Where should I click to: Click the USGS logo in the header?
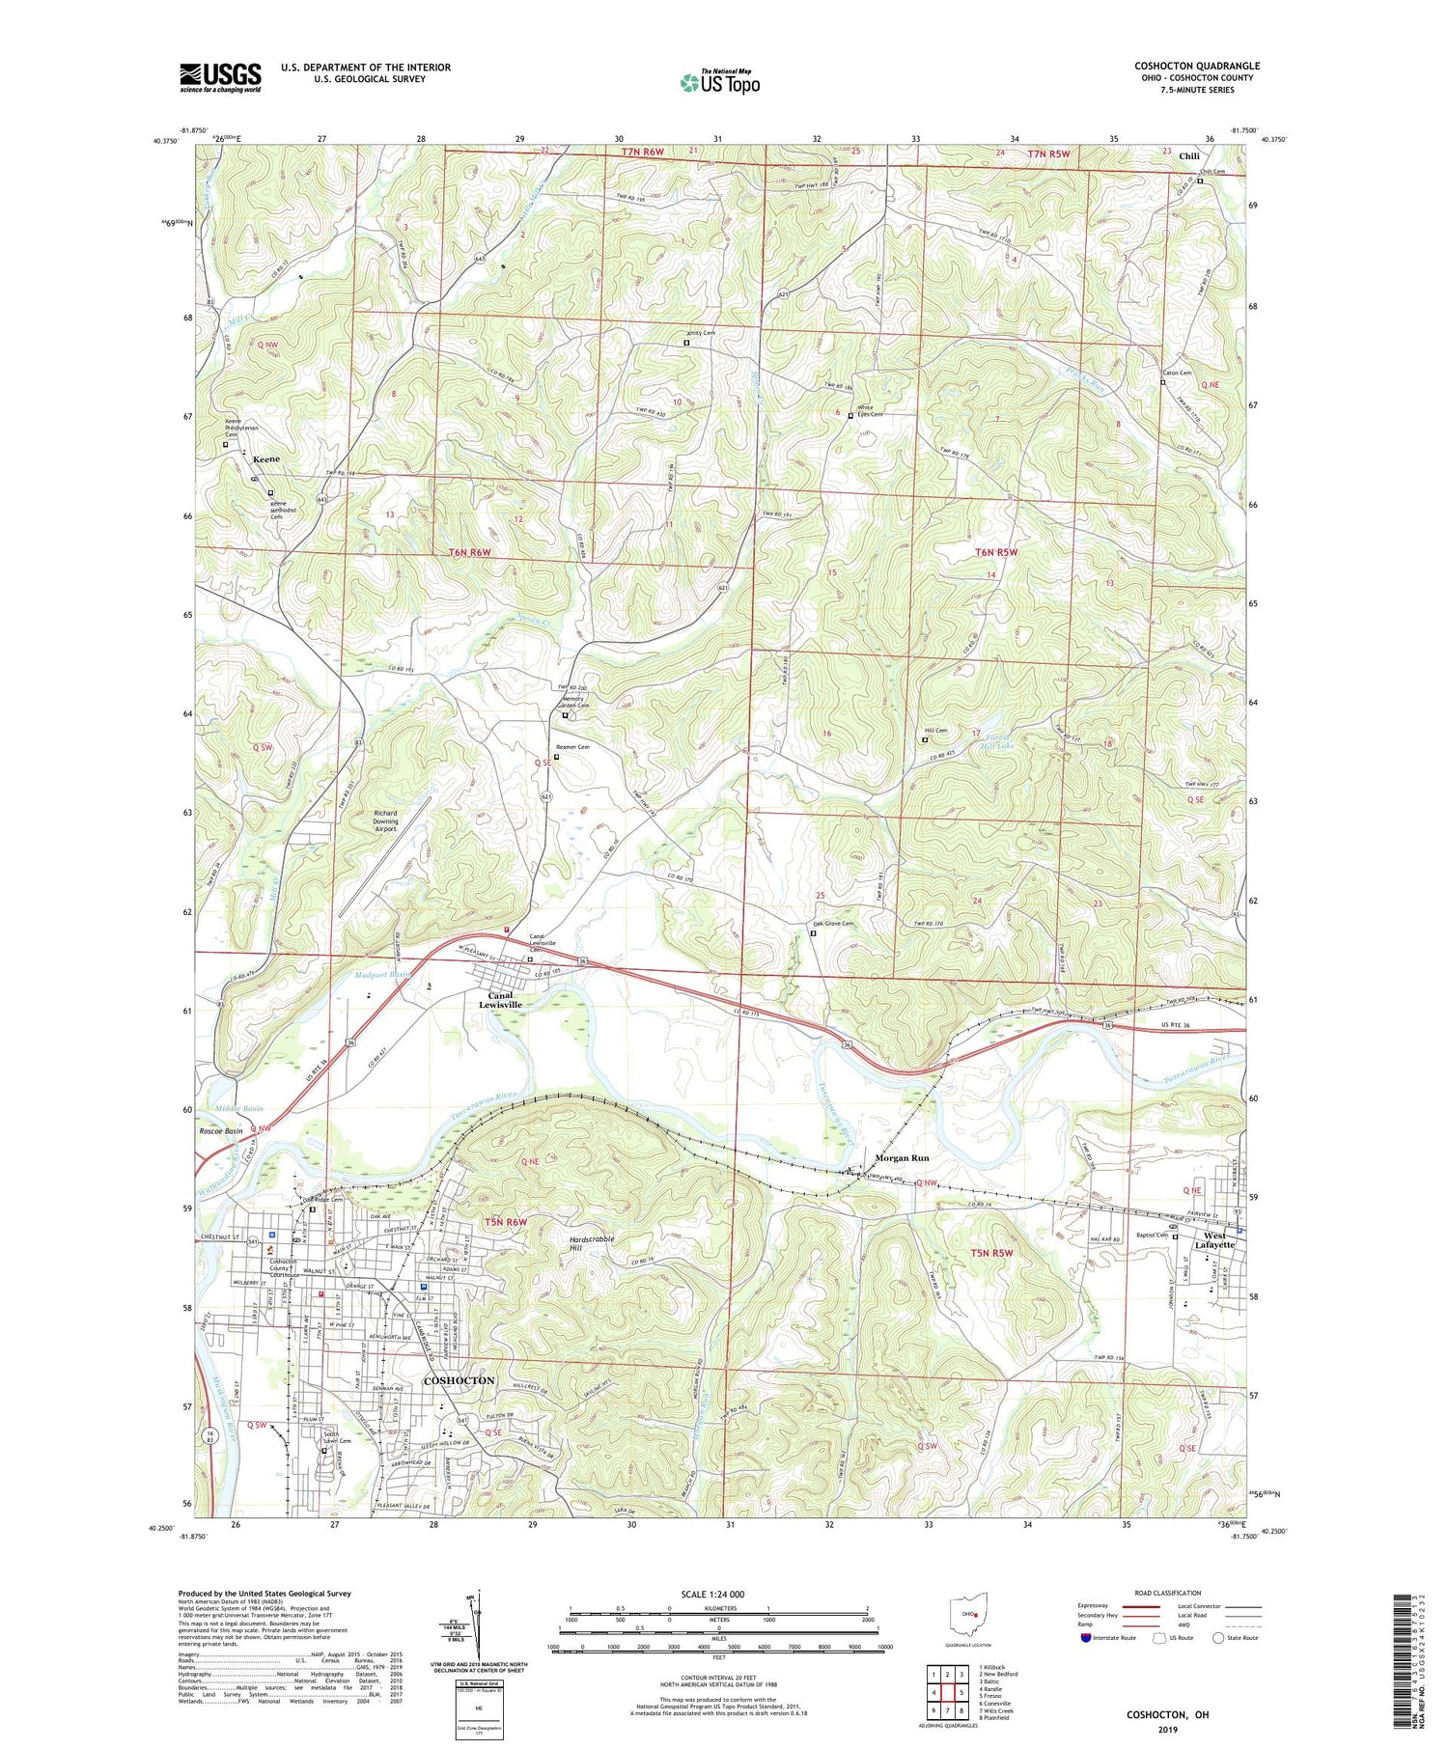tap(220, 77)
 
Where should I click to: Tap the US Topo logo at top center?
tap(719, 82)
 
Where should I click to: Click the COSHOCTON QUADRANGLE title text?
tap(1196, 66)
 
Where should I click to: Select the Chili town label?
tap(1188, 155)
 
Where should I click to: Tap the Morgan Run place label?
tap(902, 1157)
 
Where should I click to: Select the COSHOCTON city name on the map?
tap(459, 1380)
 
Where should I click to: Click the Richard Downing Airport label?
tap(385, 820)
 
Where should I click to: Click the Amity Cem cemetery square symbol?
tap(686, 343)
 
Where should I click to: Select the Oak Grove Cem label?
tap(833, 924)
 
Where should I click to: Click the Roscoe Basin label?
tap(221, 1130)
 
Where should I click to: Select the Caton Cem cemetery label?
tap(1177, 373)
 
